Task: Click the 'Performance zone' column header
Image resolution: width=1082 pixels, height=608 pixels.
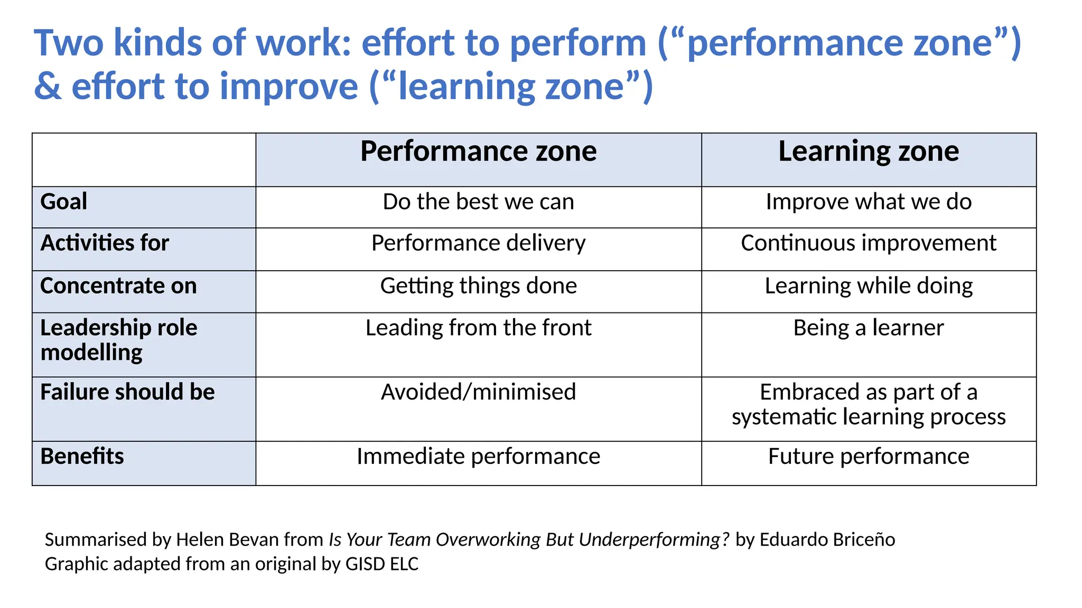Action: (478, 152)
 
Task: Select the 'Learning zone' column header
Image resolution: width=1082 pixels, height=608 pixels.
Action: (868, 152)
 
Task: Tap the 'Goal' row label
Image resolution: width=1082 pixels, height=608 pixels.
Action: (64, 202)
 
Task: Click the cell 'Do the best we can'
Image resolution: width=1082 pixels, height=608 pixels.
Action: (478, 202)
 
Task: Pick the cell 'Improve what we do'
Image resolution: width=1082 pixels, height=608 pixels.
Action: (868, 202)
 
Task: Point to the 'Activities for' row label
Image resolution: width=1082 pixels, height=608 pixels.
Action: (105, 243)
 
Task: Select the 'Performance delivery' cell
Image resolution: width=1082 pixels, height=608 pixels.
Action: (478, 243)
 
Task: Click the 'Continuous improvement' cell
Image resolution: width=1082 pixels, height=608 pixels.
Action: (868, 243)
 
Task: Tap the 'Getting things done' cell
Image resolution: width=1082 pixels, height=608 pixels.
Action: (478, 286)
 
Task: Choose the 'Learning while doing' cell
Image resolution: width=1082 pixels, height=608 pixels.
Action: (868, 286)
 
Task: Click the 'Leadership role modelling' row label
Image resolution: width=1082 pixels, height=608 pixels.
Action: (118, 340)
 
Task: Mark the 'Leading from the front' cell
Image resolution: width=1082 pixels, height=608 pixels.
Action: (478, 328)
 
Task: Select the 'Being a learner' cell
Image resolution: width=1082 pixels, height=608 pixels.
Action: (868, 328)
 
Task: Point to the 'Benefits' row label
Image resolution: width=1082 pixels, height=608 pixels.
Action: (82, 457)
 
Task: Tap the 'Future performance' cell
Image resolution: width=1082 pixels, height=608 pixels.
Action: (868, 457)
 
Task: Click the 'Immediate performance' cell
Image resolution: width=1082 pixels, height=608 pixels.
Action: (478, 457)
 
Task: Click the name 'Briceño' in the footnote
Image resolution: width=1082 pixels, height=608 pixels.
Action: (863, 540)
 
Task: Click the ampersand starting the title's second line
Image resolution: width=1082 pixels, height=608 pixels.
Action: (48, 87)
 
